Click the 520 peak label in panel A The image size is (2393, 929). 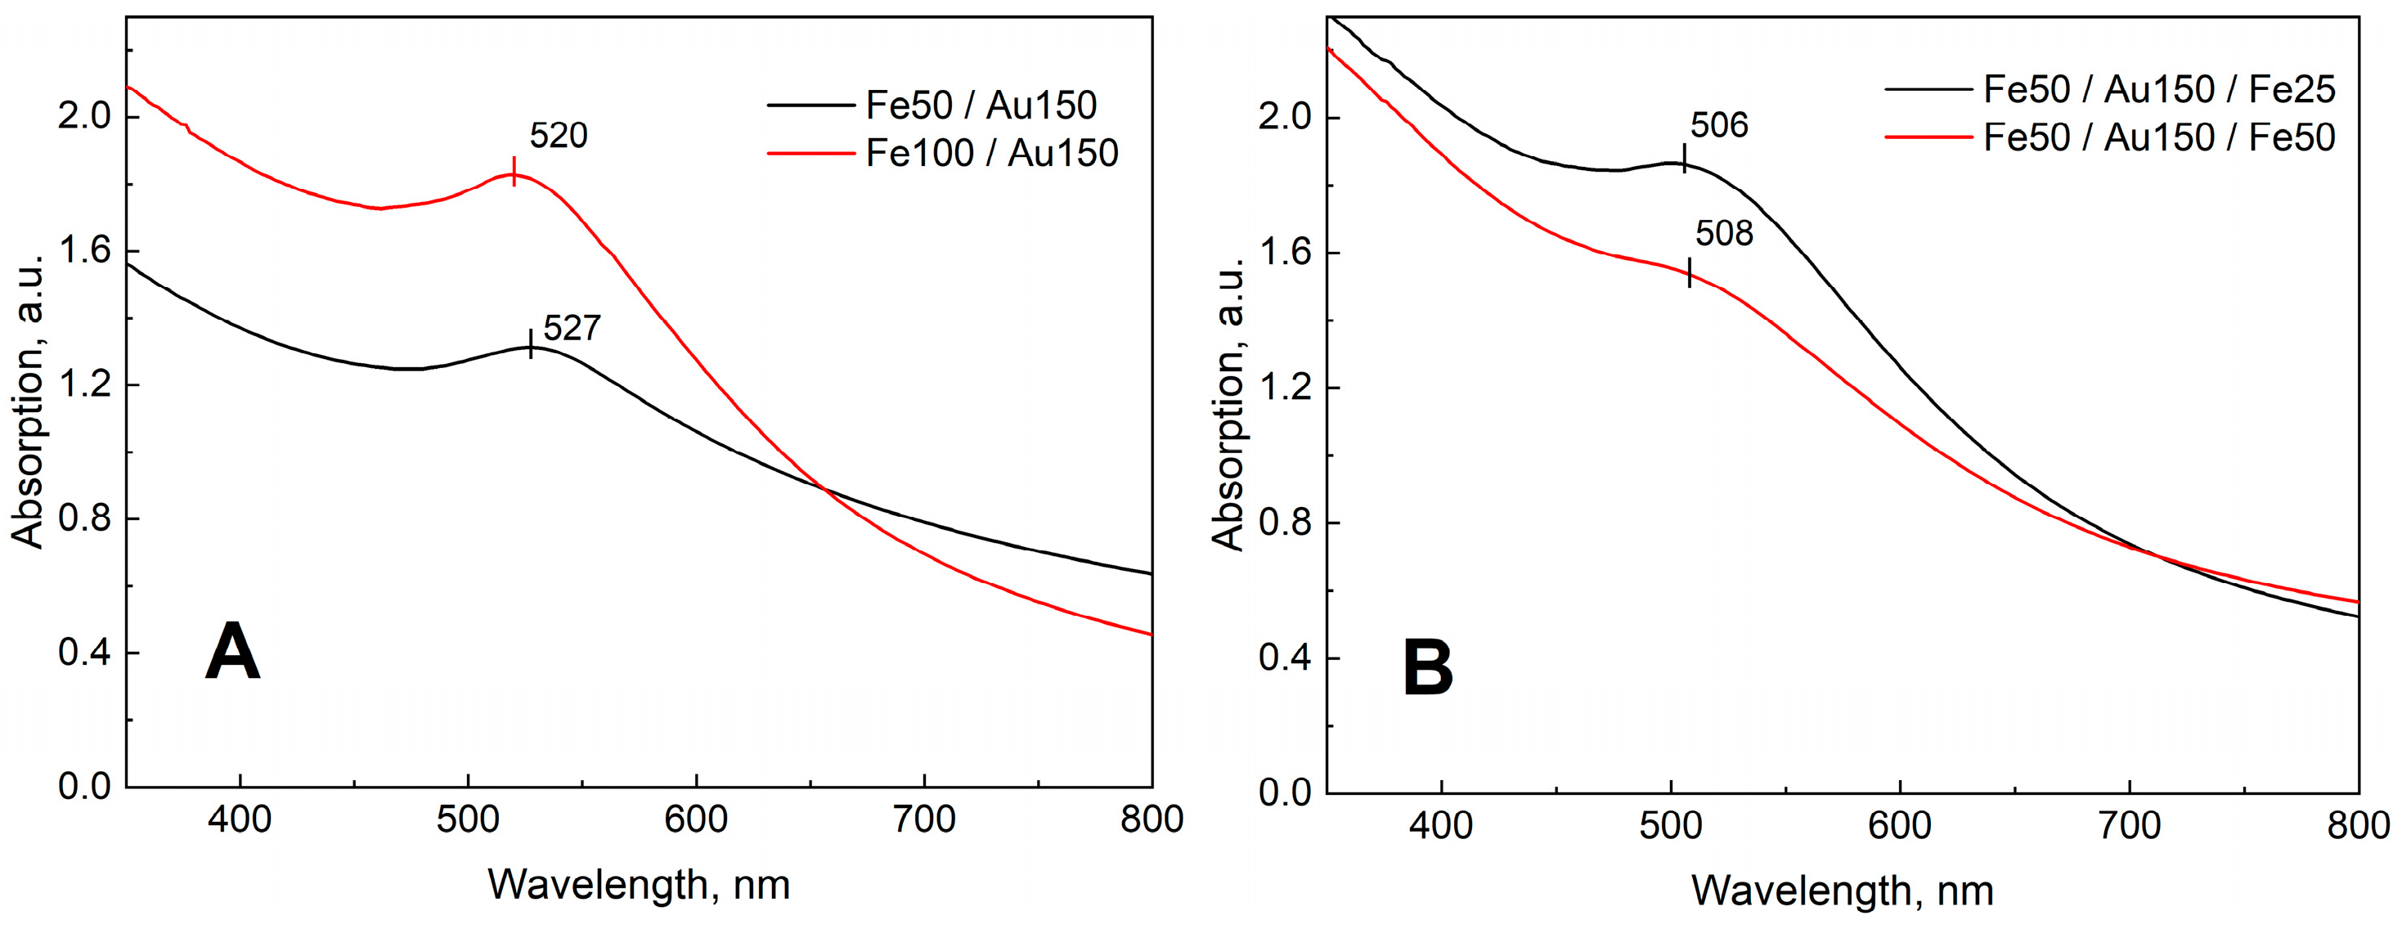pyautogui.click(x=559, y=137)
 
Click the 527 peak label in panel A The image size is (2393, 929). pyautogui.click(x=572, y=329)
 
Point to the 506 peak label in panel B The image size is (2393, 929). pyautogui.click(x=1718, y=125)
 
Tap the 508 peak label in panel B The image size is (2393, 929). pyautogui.click(x=1724, y=234)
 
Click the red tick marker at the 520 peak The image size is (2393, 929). pyautogui.click(x=514, y=172)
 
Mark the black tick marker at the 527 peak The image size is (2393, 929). pyautogui.click(x=531, y=343)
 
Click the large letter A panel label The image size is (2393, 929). pyautogui.click(x=231, y=652)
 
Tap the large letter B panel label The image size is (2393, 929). pyautogui.click(x=1427, y=669)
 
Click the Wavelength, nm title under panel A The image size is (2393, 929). pyautogui.click(x=639, y=884)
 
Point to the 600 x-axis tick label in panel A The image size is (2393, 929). pyautogui.click(x=696, y=819)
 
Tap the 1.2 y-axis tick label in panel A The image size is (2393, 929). pyautogui.click(x=83, y=384)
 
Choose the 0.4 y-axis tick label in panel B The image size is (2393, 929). pyautogui.click(x=1284, y=658)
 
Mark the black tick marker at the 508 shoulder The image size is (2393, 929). pyautogui.click(x=1689, y=272)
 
